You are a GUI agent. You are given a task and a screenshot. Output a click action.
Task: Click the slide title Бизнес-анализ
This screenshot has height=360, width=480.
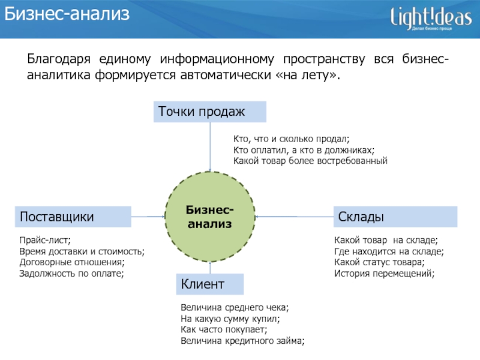(67, 15)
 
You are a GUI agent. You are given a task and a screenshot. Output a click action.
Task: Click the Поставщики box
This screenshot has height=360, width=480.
(73, 217)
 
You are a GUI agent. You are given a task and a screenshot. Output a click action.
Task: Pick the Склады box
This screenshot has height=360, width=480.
(395, 217)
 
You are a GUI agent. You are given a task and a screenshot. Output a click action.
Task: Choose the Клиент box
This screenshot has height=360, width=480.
(209, 284)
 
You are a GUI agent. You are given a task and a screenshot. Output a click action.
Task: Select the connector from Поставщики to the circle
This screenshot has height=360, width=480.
(148, 217)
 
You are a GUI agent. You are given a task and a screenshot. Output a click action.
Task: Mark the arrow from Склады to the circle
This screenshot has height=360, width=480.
(294, 216)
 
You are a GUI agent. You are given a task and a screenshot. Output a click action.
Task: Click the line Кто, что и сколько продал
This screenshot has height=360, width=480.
(290, 139)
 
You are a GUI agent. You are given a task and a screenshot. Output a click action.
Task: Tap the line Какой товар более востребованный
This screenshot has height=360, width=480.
(310, 161)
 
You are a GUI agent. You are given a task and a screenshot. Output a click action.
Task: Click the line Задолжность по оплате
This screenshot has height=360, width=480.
(71, 273)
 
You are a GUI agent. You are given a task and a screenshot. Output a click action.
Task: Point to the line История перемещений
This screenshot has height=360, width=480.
(383, 273)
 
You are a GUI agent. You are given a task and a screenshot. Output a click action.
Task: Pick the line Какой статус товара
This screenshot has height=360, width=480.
(379, 262)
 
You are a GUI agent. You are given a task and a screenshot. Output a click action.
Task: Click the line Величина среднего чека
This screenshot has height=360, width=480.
(234, 308)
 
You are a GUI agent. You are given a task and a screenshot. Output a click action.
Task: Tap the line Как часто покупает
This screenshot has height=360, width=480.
(223, 329)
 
